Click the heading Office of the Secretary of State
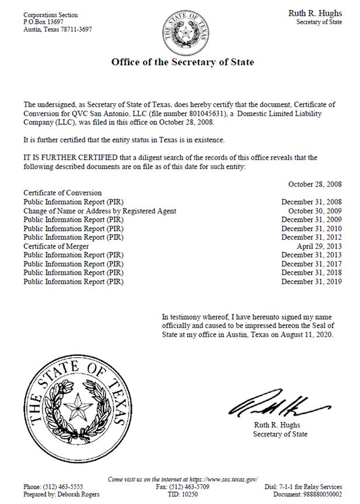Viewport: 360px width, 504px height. (183, 62)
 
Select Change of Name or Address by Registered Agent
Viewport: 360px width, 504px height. (100, 211)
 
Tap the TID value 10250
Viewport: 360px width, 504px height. (191, 494)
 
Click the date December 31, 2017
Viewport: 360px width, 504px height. (312, 264)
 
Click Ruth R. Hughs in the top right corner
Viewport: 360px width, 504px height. (315, 13)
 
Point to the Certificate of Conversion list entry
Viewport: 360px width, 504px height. (62, 192)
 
